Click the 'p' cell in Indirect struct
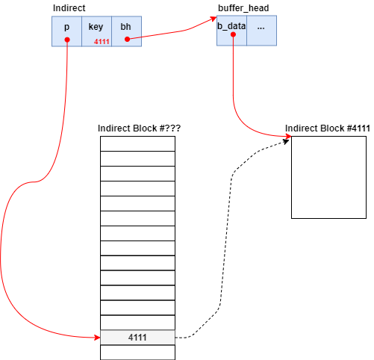(66, 28)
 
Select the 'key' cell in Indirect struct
(96, 26)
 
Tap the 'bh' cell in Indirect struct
(126, 26)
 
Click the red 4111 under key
(102, 40)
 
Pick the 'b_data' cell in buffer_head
(231, 26)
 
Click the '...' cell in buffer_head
(261, 26)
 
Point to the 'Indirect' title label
(69, 7)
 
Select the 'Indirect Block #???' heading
(140, 128)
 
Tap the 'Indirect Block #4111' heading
(328, 128)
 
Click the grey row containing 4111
(137, 338)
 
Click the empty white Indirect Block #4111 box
(328, 177)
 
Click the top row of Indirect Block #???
(137, 143)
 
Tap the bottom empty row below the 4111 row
(137, 352)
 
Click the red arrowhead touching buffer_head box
(213, 20)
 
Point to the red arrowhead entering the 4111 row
(96, 338)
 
